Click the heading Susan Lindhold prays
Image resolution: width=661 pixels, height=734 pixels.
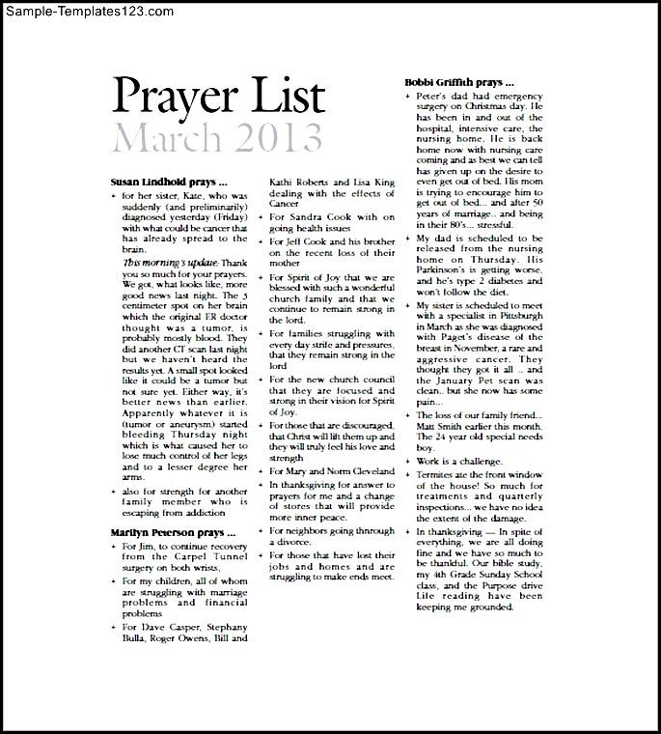pyautogui.click(x=169, y=181)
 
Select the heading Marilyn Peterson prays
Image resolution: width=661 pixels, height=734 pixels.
pyautogui.click(x=173, y=532)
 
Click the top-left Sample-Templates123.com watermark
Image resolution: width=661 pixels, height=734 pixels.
pyautogui.click(x=89, y=11)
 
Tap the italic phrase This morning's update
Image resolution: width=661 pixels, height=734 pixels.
pyautogui.click(x=157, y=262)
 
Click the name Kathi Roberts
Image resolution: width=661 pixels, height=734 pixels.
pyautogui.click(x=299, y=182)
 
